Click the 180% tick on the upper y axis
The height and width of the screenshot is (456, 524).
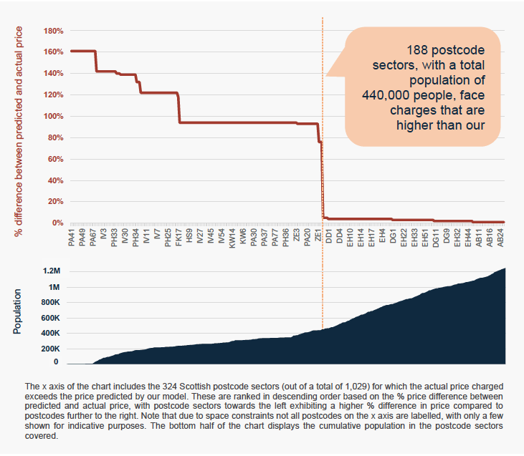(53, 31)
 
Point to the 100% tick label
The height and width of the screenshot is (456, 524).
(53, 116)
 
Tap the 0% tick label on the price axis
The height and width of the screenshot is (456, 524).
(57, 223)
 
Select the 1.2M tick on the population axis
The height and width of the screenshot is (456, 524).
(52, 271)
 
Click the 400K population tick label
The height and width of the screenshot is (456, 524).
(50, 333)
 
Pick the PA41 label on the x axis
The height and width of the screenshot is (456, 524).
(72, 238)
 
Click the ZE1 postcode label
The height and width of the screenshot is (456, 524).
(318, 235)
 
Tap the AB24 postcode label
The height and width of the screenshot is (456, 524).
(500, 238)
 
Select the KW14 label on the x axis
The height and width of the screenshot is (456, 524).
(232, 238)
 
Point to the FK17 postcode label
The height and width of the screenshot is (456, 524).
(178, 238)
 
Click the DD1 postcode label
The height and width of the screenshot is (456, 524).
(329, 236)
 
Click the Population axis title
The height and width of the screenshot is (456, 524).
(17, 311)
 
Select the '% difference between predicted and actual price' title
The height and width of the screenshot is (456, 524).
(18, 131)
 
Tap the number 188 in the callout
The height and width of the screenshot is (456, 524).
(417, 50)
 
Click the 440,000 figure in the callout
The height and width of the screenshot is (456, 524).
(386, 95)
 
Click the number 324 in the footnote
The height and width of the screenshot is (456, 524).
(170, 387)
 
